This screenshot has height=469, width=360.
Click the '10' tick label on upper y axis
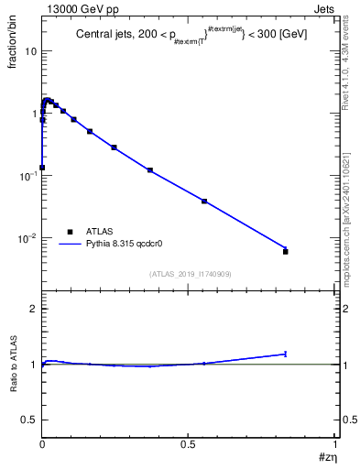(30, 51)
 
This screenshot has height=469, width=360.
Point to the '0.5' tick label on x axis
(189, 444)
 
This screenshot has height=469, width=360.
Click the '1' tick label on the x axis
(335, 444)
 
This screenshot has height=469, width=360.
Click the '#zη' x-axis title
(327, 459)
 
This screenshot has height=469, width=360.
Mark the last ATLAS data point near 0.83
(286, 251)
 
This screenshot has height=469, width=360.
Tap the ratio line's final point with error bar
(286, 354)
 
